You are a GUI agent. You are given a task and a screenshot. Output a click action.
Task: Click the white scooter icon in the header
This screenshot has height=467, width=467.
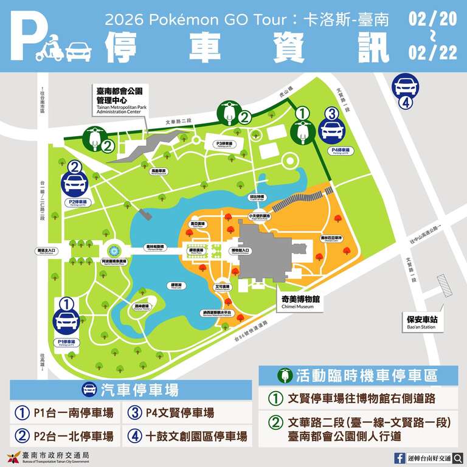49,49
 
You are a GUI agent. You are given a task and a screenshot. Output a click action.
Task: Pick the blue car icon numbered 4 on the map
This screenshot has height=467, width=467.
404,86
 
